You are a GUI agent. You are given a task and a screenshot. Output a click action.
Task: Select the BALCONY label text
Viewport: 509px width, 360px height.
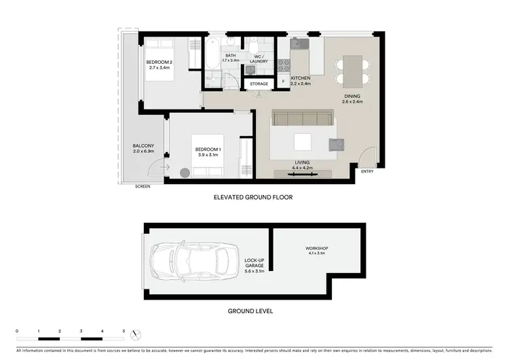coord(143,146)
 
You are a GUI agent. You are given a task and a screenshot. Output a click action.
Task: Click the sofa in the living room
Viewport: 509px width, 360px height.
coord(303,121)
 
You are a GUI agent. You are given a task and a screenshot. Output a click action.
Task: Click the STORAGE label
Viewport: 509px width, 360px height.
coord(259,84)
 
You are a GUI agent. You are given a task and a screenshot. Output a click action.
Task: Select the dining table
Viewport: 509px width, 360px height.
coord(351,70)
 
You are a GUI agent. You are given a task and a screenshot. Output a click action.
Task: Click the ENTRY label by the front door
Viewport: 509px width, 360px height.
coord(367,172)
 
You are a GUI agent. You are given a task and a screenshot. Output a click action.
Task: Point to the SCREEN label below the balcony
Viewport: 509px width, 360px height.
coord(143,186)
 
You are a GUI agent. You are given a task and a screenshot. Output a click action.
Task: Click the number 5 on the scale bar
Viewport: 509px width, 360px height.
coord(124,331)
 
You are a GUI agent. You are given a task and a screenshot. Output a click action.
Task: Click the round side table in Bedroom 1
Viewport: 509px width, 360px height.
coord(185,173)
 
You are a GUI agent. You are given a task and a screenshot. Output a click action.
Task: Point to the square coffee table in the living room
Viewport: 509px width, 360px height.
coord(302,141)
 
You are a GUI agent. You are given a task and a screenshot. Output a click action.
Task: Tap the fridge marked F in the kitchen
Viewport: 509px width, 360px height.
coord(283,82)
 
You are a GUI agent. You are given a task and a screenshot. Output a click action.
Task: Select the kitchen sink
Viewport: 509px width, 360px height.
coord(299,43)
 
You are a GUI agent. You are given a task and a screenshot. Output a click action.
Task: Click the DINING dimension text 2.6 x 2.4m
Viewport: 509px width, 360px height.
coord(352,102)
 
